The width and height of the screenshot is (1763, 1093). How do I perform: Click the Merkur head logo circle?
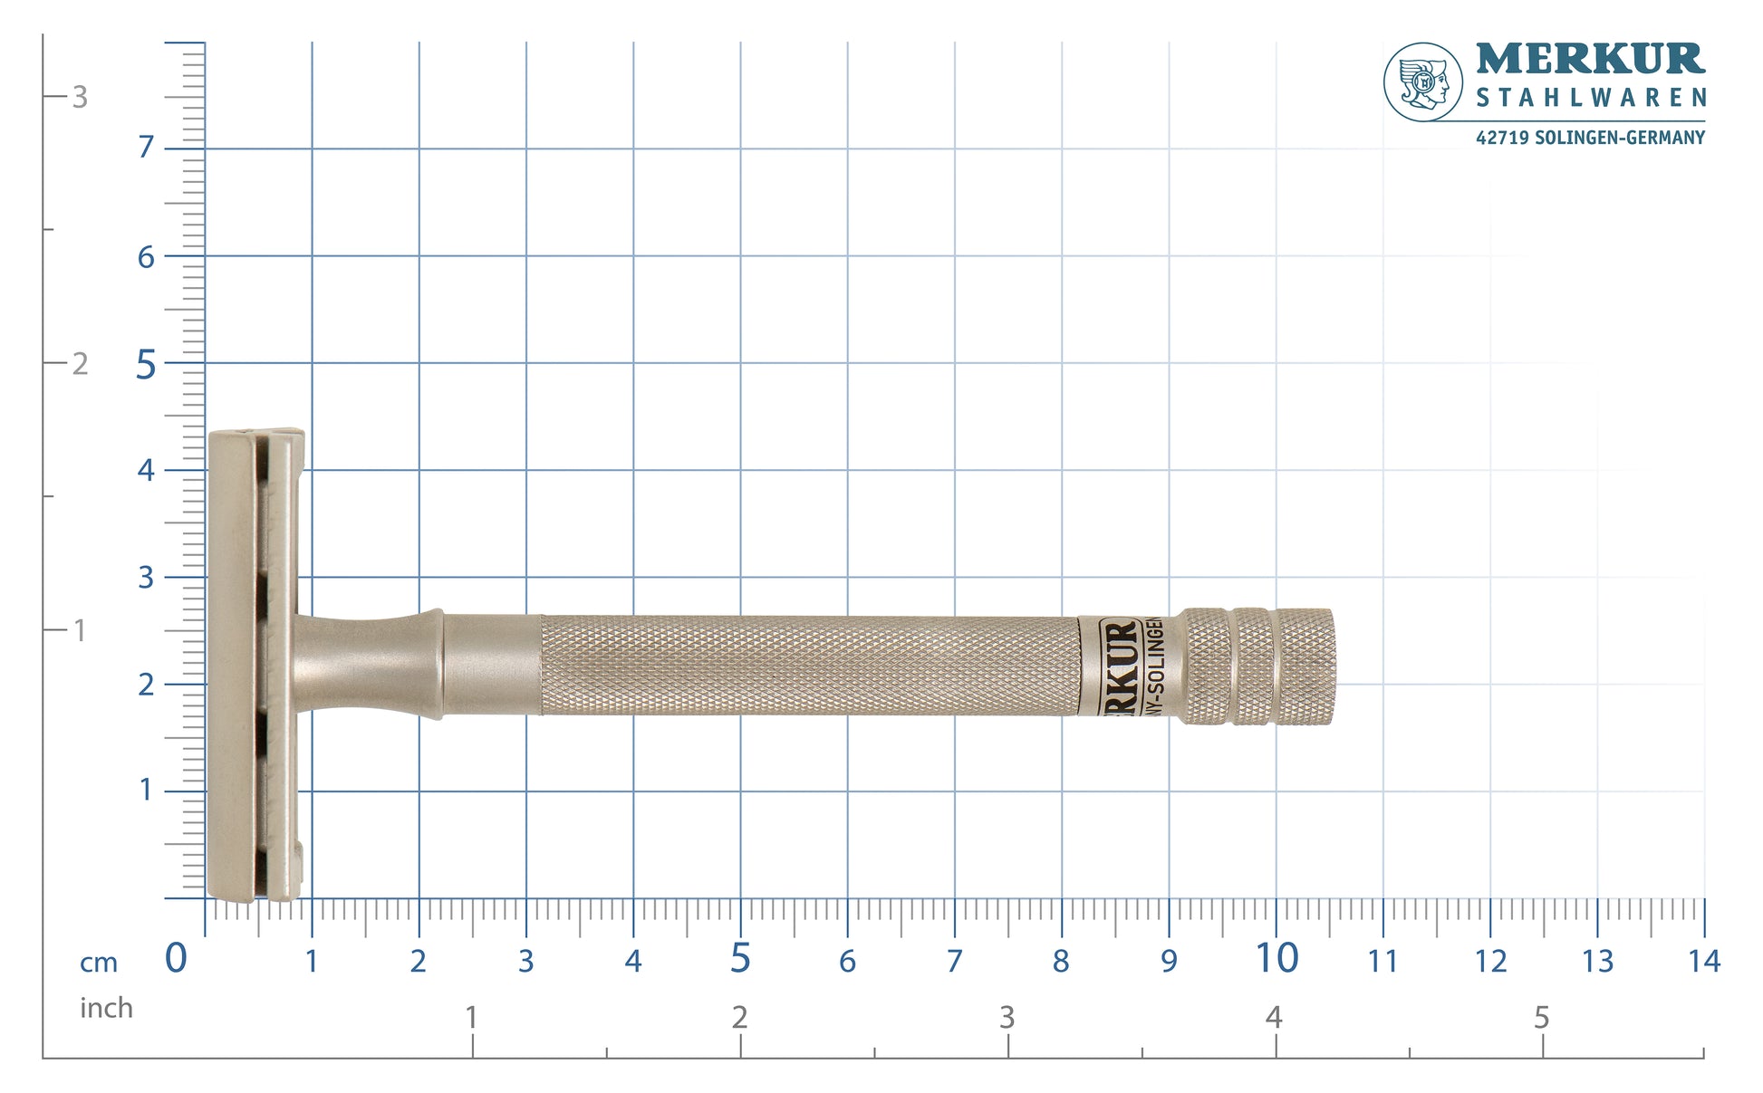pyautogui.click(x=1422, y=81)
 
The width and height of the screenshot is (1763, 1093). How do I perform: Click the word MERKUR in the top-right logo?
pyautogui.click(x=1590, y=59)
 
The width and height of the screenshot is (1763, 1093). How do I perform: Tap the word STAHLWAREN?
pyautogui.click(x=1590, y=98)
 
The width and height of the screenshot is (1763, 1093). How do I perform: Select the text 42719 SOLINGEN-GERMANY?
pyautogui.click(x=1590, y=138)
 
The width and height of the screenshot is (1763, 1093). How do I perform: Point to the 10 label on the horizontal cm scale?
pyautogui.click(x=1276, y=958)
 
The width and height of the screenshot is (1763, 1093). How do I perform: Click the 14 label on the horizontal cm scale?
pyautogui.click(x=1703, y=961)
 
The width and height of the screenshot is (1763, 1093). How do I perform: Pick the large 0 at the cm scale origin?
pyautogui.click(x=176, y=958)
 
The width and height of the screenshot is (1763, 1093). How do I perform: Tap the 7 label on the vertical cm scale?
pyautogui.click(x=146, y=147)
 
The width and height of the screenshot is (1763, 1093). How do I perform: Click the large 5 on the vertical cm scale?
pyautogui.click(x=146, y=366)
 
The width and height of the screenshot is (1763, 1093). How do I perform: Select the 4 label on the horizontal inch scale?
pyautogui.click(x=1274, y=1018)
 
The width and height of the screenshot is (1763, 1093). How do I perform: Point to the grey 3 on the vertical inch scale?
pyautogui.click(x=80, y=97)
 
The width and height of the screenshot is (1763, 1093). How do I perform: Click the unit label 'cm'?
pyautogui.click(x=99, y=963)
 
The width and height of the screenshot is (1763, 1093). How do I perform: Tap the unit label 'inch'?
pyautogui.click(x=106, y=1008)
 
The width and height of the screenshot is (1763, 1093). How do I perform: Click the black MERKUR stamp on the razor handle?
pyautogui.click(x=1120, y=666)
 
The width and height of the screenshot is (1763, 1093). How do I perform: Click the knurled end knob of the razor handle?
pyautogui.click(x=1259, y=666)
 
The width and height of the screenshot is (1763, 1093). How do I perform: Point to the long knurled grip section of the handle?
pyautogui.click(x=806, y=666)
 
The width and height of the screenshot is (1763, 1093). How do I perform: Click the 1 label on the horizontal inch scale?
pyautogui.click(x=471, y=1018)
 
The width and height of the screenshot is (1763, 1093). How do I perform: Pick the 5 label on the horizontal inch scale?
pyautogui.click(x=1541, y=1018)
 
